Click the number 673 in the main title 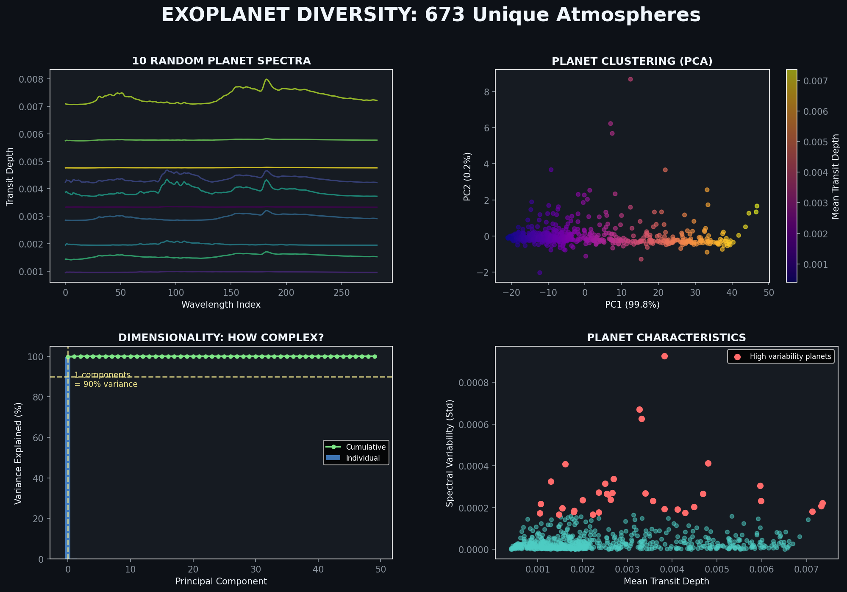444,15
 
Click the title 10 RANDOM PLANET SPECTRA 221,61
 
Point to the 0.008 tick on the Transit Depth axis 31,79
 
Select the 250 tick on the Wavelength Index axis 342,292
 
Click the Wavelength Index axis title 221,305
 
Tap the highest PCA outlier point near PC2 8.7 630,79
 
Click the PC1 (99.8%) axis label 632,305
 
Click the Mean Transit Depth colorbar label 836,176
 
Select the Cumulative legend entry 365,447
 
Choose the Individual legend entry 363,458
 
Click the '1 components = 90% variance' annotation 106,380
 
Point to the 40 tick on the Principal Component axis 318,570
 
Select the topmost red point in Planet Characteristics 664,356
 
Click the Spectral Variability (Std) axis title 450,453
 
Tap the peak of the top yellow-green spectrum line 267,79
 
